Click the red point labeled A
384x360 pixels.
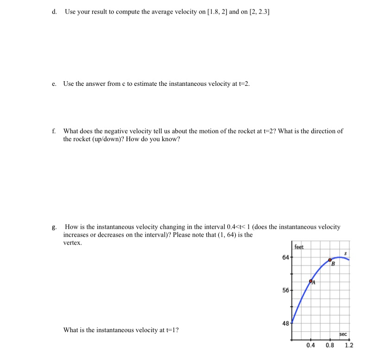[311, 281]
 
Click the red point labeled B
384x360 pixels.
[330, 260]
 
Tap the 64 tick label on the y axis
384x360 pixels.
[285, 257]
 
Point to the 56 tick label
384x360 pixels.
[285, 290]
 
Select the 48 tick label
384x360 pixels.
[285, 323]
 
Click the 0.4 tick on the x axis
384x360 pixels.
[311, 345]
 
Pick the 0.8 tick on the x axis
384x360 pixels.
[330, 345]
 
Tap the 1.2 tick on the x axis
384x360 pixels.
[349, 345]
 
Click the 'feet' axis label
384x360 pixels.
[299, 247]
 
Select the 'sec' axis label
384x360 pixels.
[343, 334]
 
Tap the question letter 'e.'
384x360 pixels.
[55, 84]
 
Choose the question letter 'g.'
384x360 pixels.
[55, 227]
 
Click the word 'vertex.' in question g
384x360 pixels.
[72, 242]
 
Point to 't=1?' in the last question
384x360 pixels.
[172, 330]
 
